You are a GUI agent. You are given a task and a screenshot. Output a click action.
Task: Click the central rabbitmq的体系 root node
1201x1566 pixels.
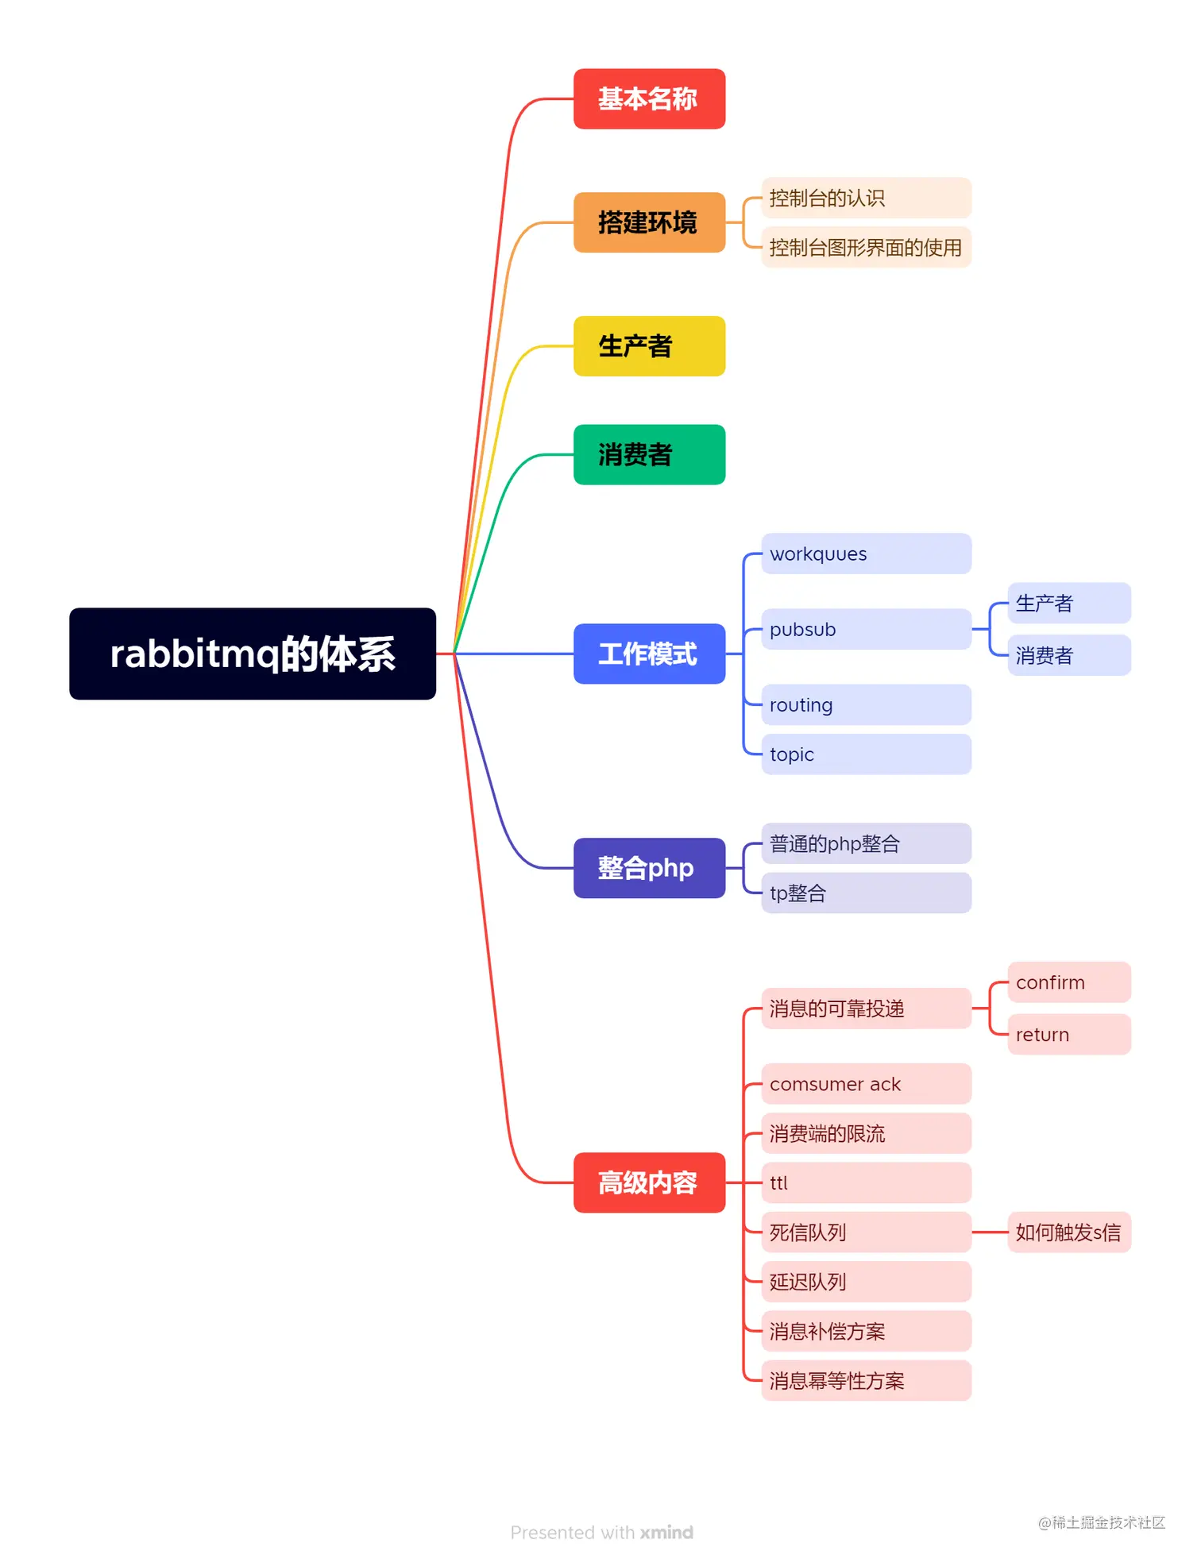[252, 654]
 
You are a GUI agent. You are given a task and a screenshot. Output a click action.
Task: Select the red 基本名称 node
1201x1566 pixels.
[649, 99]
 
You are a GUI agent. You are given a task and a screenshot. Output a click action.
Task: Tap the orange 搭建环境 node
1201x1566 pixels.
[649, 222]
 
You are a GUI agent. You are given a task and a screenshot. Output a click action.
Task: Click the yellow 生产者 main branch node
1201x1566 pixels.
[649, 346]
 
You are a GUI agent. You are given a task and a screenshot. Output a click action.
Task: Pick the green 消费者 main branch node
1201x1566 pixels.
[649, 455]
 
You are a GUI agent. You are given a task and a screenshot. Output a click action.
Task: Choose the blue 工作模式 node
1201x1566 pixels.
[649, 654]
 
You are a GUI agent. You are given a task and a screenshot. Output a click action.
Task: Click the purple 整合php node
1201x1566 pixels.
[649, 868]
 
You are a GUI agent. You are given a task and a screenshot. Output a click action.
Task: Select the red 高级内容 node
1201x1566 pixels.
[649, 1182]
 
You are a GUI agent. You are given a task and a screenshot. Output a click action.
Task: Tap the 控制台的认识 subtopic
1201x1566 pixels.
[866, 198]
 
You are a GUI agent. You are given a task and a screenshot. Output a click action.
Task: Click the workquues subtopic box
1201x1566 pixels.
[866, 553]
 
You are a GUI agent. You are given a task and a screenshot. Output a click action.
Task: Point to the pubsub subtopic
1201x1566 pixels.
[866, 629]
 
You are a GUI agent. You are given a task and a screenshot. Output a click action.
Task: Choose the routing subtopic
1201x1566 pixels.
[866, 704]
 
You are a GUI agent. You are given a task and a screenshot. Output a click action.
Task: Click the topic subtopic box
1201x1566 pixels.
[866, 754]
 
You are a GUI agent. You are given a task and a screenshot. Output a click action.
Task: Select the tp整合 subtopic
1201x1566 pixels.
[866, 893]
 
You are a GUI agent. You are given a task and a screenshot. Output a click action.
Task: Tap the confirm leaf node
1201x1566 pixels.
[1068, 982]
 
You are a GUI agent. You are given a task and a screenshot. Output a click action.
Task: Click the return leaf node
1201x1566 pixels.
[1068, 1034]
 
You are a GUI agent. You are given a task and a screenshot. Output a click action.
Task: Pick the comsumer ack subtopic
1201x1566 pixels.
[866, 1084]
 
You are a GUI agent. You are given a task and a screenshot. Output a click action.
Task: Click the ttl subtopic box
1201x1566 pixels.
[866, 1183]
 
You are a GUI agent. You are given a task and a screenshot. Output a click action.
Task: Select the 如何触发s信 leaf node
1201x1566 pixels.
[1068, 1232]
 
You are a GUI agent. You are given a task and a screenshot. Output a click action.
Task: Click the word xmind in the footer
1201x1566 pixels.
[666, 1533]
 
